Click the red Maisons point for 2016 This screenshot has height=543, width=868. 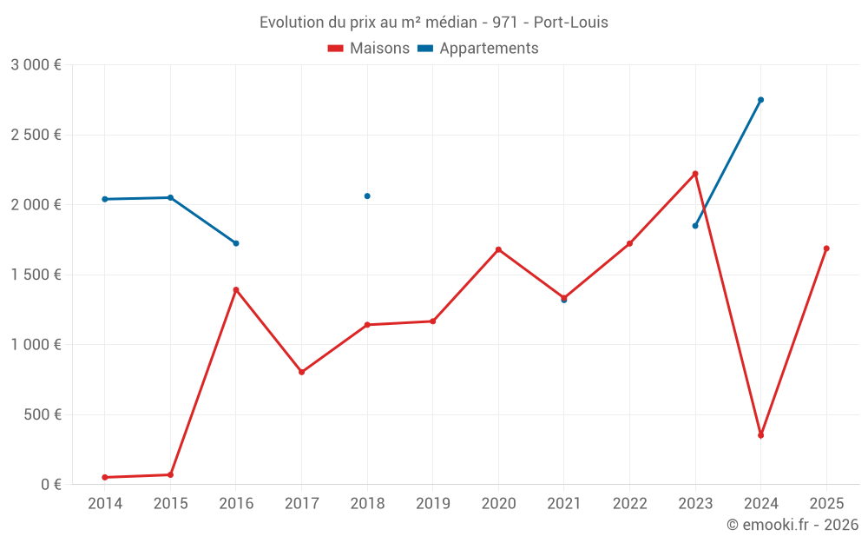coord(236,290)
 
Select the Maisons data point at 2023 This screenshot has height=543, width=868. coord(695,174)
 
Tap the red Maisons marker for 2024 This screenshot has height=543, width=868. coord(760,435)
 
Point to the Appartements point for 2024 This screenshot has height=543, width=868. coord(760,100)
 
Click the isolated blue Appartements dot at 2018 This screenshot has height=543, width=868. coord(367,196)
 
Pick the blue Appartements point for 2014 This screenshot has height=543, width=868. coord(105,199)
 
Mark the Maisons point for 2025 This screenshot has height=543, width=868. coord(826,248)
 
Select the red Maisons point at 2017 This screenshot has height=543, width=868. coord(301,372)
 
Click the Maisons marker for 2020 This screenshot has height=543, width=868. coord(498,249)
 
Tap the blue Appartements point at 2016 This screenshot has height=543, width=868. coord(236,243)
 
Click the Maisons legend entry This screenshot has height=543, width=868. coord(369,49)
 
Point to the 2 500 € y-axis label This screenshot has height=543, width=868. coord(36,135)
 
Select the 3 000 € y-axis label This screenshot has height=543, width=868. coord(36,64)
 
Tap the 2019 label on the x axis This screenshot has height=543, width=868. coord(432,503)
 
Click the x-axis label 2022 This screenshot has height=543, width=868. coord(629,503)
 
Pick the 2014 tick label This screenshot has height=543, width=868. coord(105,503)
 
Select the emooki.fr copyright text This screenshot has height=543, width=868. coord(792,525)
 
